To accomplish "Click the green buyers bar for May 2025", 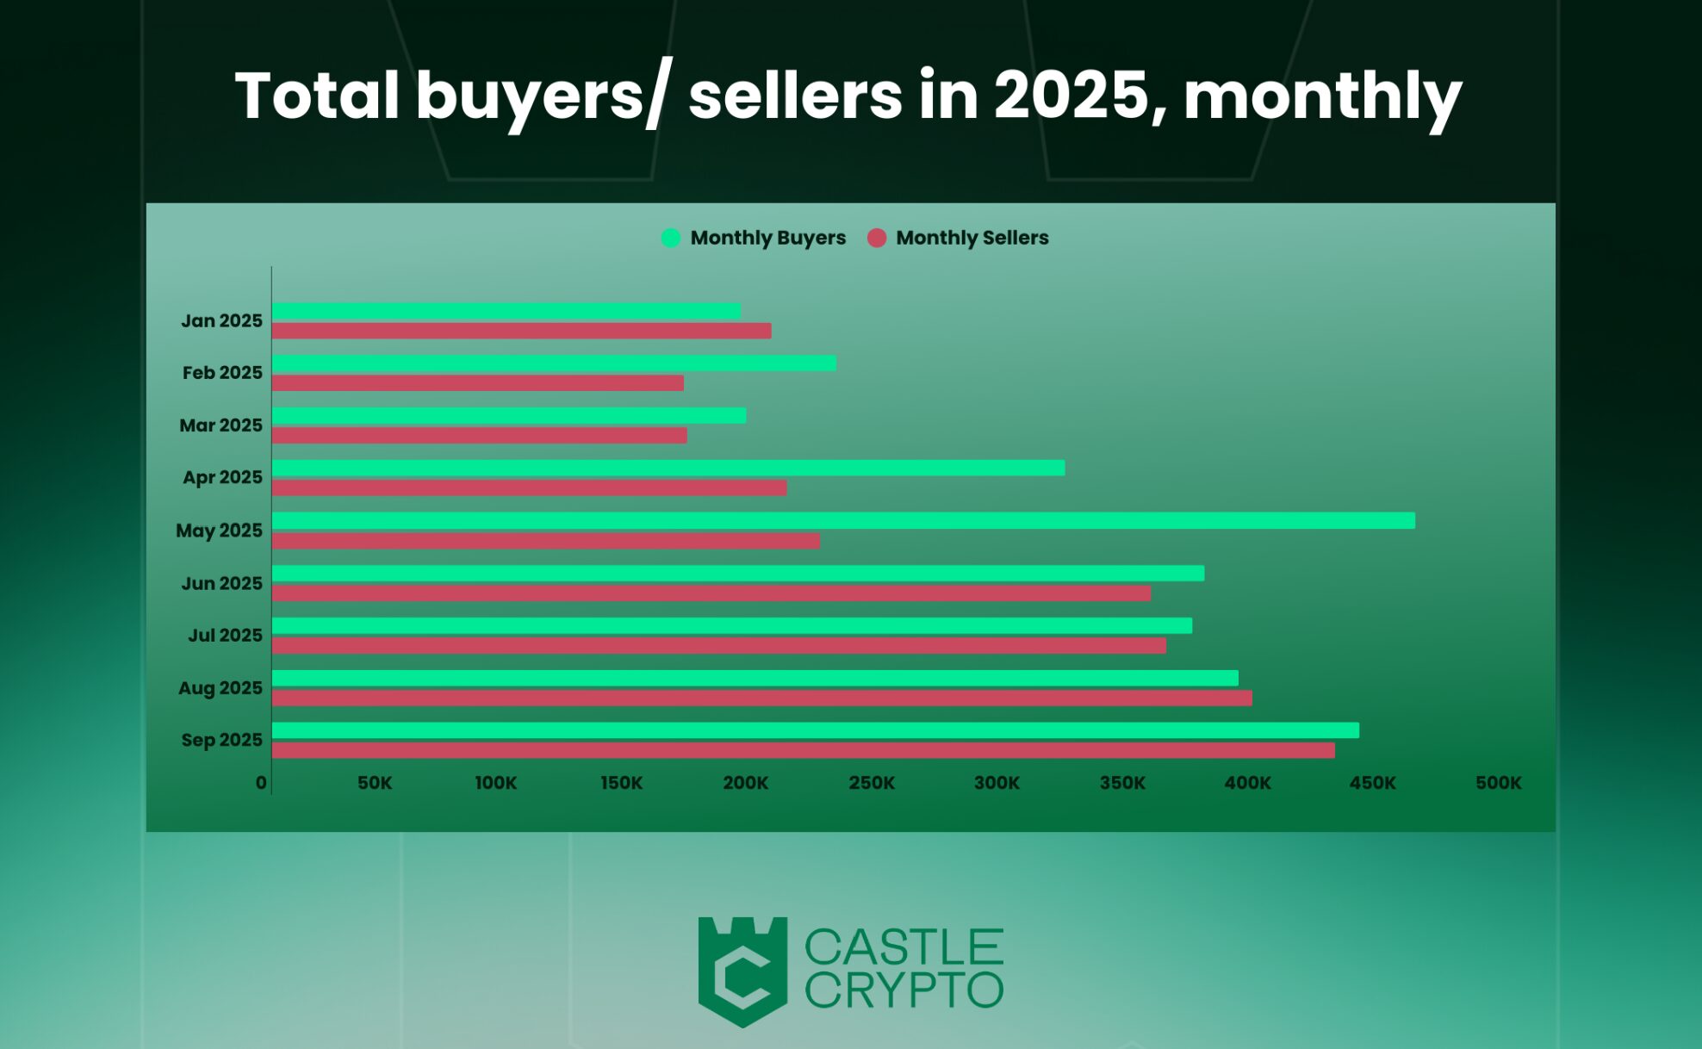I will click(842, 520).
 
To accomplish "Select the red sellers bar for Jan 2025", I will click(521, 331).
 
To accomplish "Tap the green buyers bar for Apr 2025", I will click(668, 468).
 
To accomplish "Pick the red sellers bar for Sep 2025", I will click(803, 750).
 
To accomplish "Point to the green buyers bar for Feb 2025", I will click(553, 363).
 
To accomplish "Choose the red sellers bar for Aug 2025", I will click(761, 698).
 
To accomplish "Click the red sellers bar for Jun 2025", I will click(711, 593).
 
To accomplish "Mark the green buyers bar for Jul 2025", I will click(731, 626).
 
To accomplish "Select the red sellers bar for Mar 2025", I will click(479, 436).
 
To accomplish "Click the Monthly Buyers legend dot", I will click(671, 238).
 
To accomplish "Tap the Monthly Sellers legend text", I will click(972, 238).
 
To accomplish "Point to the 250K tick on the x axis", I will click(871, 783).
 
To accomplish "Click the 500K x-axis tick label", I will click(1498, 783).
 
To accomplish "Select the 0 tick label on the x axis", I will click(261, 783).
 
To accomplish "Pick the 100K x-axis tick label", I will click(495, 783).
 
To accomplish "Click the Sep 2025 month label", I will click(221, 740).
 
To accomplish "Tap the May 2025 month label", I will click(219, 531).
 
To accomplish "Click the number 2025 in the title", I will click(1072, 95).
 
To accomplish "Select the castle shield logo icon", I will click(742, 971).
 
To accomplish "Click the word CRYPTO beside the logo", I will click(904, 991).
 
